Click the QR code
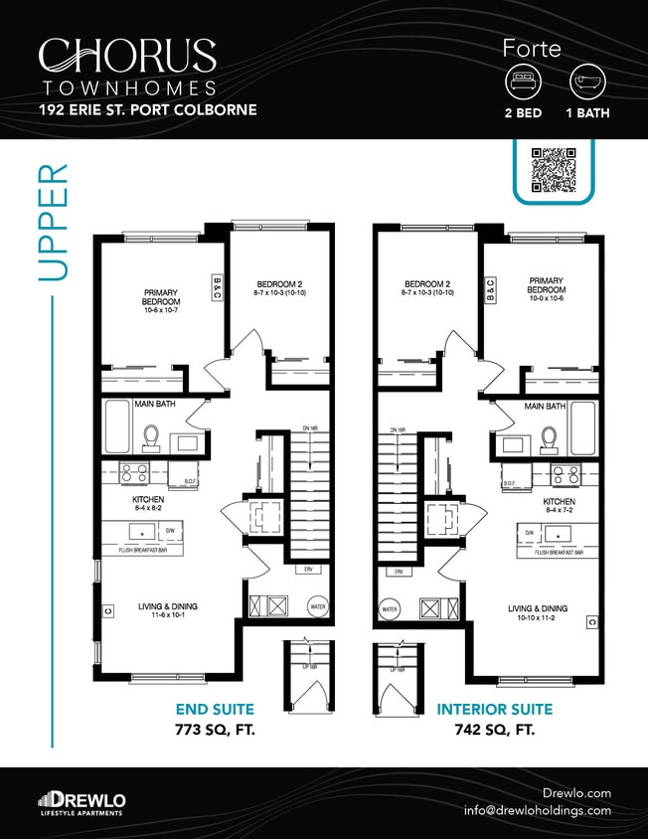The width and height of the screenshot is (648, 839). [x=554, y=169]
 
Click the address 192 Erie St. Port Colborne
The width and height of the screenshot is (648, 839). [x=147, y=109]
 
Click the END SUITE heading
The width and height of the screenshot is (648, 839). [x=215, y=710]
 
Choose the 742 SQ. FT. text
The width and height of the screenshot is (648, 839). [x=494, y=730]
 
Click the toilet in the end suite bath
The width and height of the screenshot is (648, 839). [x=152, y=437]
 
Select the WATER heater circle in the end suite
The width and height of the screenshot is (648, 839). [x=318, y=605]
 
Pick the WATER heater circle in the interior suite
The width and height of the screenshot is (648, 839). [x=390, y=609]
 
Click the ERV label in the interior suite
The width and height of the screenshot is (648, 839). [x=399, y=573]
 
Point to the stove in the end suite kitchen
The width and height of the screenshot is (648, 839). [x=134, y=472]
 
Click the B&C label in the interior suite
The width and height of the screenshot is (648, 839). [x=490, y=289]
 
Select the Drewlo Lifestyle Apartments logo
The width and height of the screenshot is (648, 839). [x=81, y=802]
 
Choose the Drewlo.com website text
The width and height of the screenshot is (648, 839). [x=577, y=792]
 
